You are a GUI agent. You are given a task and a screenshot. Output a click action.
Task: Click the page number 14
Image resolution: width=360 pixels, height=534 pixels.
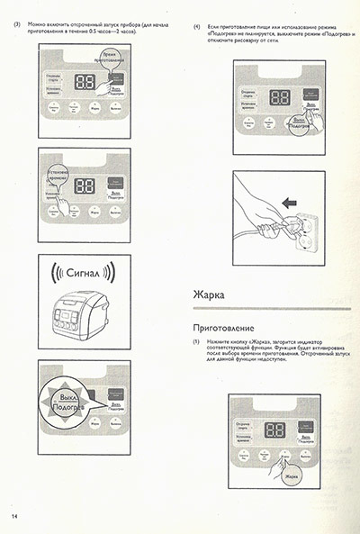point(14,516)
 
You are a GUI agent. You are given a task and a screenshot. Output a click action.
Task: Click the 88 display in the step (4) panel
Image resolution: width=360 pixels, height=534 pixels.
point(281,97)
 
